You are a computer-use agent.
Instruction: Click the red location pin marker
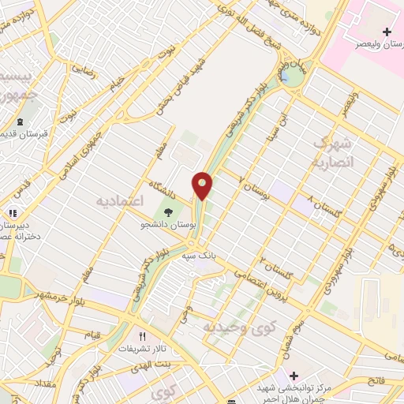(x=203, y=185)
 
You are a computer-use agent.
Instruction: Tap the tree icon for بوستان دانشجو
(x=167, y=211)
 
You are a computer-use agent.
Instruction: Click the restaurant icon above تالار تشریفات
(x=143, y=335)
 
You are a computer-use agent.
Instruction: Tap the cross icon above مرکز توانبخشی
(x=294, y=375)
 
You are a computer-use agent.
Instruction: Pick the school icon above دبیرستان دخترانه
(x=12, y=213)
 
